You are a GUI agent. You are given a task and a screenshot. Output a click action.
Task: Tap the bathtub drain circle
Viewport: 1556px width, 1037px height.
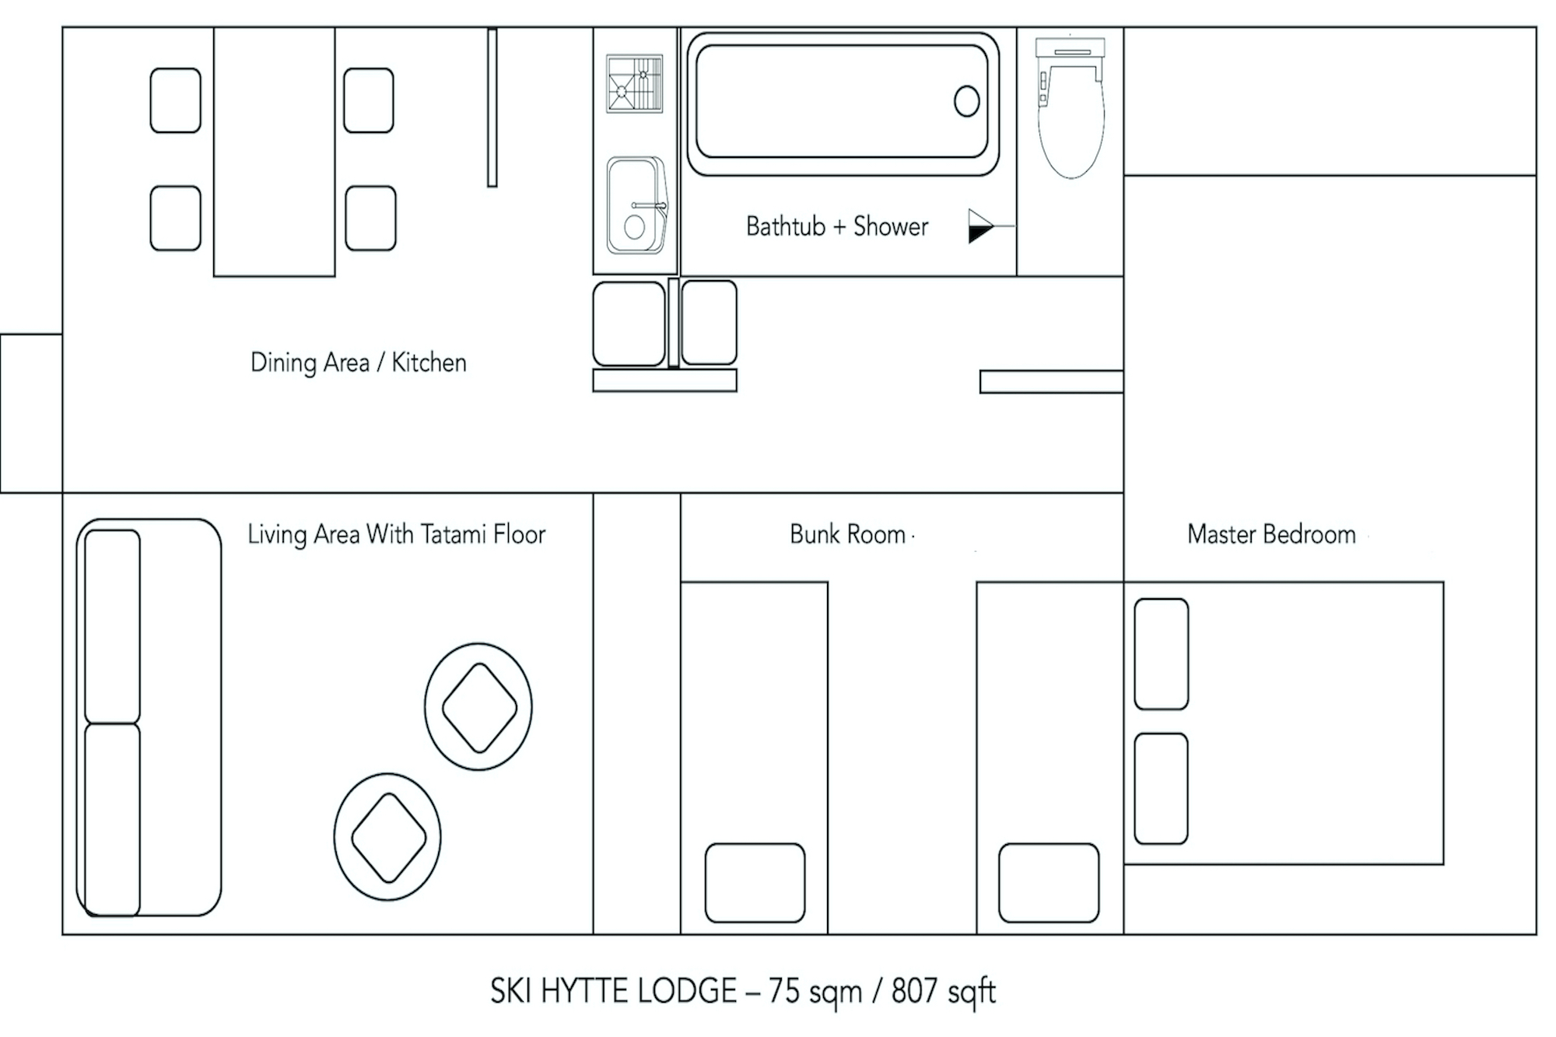point(966,101)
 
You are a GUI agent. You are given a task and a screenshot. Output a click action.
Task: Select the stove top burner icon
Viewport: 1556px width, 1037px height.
point(635,84)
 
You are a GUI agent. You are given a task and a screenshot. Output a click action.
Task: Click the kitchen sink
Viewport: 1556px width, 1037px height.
point(636,205)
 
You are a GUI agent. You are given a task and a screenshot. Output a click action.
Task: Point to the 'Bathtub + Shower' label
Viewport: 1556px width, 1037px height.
point(837,226)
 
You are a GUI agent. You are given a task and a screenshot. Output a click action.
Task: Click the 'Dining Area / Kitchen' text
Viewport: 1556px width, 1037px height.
point(359,363)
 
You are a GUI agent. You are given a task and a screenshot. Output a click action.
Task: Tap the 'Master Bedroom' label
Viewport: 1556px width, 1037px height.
point(1271,534)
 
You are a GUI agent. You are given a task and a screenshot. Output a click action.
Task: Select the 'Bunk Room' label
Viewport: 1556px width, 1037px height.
point(848,534)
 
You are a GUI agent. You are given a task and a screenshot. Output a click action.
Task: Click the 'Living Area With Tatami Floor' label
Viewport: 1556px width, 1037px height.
point(397,534)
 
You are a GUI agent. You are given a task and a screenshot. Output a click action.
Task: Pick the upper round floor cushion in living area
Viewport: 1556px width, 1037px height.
point(478,706)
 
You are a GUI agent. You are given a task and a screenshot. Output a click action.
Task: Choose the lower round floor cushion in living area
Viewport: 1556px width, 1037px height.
point(387,837)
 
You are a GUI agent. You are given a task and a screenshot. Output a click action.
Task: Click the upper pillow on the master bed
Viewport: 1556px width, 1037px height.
point(1161,654)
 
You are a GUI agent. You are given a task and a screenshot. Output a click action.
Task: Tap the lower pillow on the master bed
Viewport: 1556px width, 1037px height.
point(1161,788)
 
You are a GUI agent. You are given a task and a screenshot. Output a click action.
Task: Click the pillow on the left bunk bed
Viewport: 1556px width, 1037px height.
point(755,883)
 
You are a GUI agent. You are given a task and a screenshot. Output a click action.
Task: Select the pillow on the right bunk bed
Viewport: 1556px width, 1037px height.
point(1049,883)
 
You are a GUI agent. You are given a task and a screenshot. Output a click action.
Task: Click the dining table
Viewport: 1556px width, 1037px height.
point(275,152)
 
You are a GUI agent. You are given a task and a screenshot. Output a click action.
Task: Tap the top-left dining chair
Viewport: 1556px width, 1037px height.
point(175,100)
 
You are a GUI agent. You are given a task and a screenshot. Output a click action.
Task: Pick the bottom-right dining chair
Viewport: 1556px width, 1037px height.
point(370,218)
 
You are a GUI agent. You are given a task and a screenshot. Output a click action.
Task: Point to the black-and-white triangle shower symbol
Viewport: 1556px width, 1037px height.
point(981,226)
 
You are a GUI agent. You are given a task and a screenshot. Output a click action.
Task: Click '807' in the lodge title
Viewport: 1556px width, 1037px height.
point(914,991)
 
